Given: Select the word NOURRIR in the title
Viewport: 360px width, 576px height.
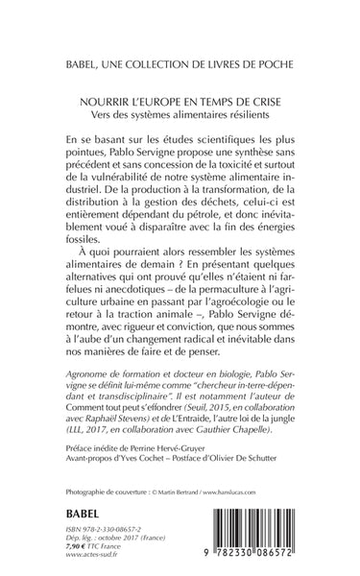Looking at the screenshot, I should [105, 98].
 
